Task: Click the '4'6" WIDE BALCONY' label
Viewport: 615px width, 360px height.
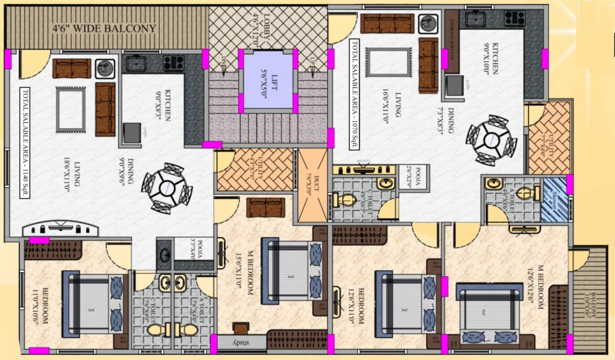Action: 104,29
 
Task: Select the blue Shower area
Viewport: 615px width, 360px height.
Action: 554,201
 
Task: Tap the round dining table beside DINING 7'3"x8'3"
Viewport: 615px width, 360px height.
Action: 491,140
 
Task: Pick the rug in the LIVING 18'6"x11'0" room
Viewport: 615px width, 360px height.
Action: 70,110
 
